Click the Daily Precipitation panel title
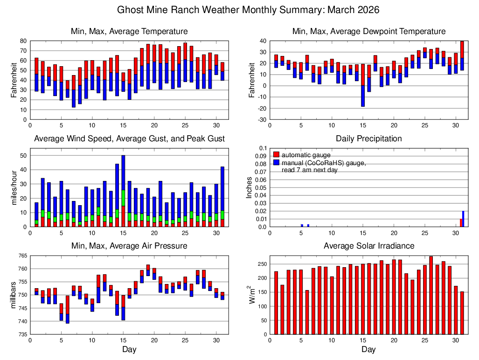pyautogui.click(x=368, y=138)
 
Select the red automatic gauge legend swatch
pyautogui.click(x=277, y=154)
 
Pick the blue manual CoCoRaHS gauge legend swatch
pyautogui.click(x=277, y=162)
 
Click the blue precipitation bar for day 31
pyautogui.click(x=463, y=219)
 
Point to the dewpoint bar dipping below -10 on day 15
pyautogui.click(x=363, y=96)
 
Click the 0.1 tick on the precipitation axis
pyautogui.click(x=261, y=148)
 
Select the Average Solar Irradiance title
pyautogui.click(x=368, y=246)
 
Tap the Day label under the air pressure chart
pyautogui.click(x=129, y=349)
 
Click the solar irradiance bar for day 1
pyautogui.click(x=276, y=303)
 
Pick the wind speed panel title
pyautogui.click(x=129, y=138)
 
